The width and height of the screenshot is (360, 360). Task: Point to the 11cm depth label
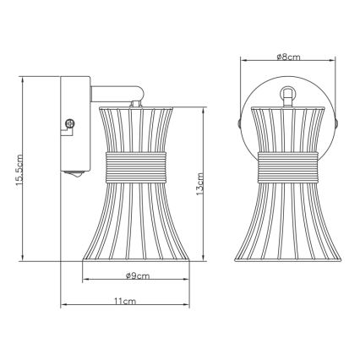coord(125,301)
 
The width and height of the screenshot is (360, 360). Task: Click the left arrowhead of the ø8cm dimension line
coord(244,62)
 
